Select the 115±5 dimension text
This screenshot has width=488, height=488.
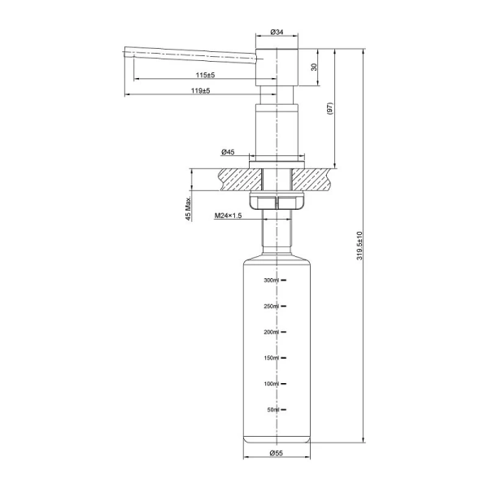(x=193, y=74)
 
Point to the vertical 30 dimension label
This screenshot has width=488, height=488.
(x=314, y=68)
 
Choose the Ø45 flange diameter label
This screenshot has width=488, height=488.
(x=227, y=152)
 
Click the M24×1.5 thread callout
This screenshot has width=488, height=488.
(x=229, y=216)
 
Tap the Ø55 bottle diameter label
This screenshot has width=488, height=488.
(x=276, y=453)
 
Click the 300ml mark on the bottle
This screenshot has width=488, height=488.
(x=271, y=281)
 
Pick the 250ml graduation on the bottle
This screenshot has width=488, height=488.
(x=271, y=307)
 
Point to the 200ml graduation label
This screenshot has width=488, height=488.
(x=271, y=333)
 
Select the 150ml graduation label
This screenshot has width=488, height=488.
(x=271, y=358)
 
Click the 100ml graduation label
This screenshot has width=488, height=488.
(x=271, y=384)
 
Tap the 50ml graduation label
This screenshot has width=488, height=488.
(x=272, y=410)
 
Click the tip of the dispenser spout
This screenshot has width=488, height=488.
(x=126, y=54)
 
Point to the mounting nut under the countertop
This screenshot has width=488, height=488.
(x=276, y=203)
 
